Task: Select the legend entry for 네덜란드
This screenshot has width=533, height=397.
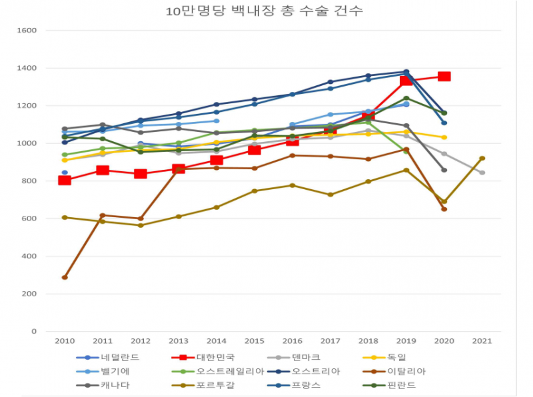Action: (110, 358)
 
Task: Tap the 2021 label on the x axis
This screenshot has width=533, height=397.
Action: (482, 340)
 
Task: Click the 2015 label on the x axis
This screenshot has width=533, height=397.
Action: (254, 340)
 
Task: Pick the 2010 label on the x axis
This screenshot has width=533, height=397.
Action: (65, 340)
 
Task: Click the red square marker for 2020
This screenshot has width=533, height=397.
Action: (444, 77)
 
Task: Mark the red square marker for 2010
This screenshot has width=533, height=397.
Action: (65, 180)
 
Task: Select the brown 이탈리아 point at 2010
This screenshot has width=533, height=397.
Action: (65, 277)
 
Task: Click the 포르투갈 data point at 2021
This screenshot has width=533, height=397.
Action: (482, 158)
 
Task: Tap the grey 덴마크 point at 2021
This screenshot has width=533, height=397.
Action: (482, 173)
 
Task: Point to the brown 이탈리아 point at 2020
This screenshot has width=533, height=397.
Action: (444, 208)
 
